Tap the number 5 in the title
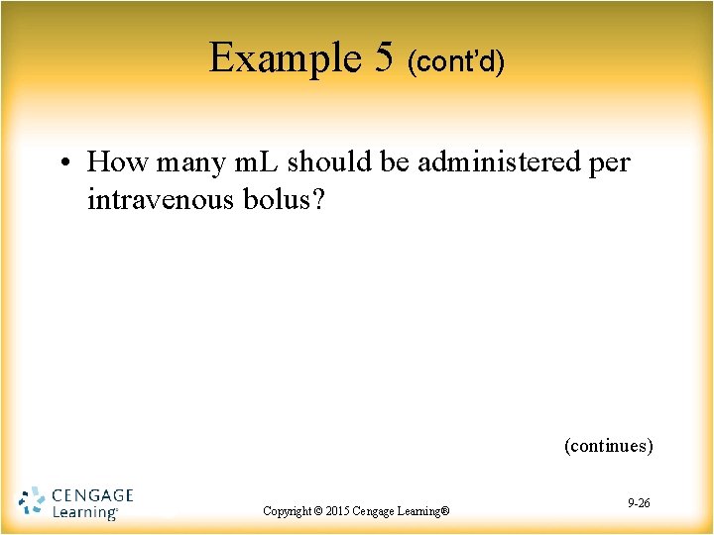click(x=385, y=59)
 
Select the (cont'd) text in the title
click(x=456, y=63)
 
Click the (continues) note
click(x=609, y=446)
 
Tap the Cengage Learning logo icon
click(x=33, y=501)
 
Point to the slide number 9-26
click(x=640, y=503)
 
